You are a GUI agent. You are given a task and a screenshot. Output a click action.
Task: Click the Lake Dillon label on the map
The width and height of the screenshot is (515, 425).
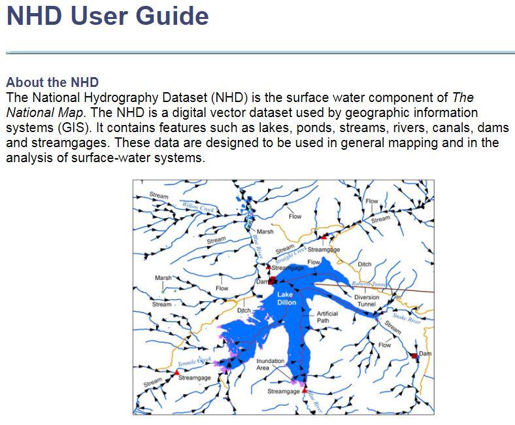[x=286, y=298]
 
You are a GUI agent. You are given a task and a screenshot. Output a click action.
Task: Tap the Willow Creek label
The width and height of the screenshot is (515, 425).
[x=199, y=207]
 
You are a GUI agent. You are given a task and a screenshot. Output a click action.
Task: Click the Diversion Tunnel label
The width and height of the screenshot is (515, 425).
[x=366, y=301]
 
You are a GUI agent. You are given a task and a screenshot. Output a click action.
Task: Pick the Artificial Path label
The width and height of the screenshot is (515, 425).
[x=327, y=317]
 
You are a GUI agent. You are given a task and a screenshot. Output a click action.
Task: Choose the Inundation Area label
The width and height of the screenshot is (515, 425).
[x=270, y=364]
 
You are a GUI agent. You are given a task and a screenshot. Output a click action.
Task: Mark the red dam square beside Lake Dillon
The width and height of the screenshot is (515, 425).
[x=271, y=281]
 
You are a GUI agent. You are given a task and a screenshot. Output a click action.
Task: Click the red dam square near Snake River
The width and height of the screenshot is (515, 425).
[x=414, y=356]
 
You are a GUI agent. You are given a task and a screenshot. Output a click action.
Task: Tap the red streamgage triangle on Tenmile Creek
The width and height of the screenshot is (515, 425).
[x=176, y=371]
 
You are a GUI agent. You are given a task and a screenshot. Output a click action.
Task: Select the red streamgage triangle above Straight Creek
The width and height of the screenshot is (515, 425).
[x=322, y=236]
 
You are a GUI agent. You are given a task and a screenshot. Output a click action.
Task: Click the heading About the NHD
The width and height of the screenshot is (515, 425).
[x=52, y=82]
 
